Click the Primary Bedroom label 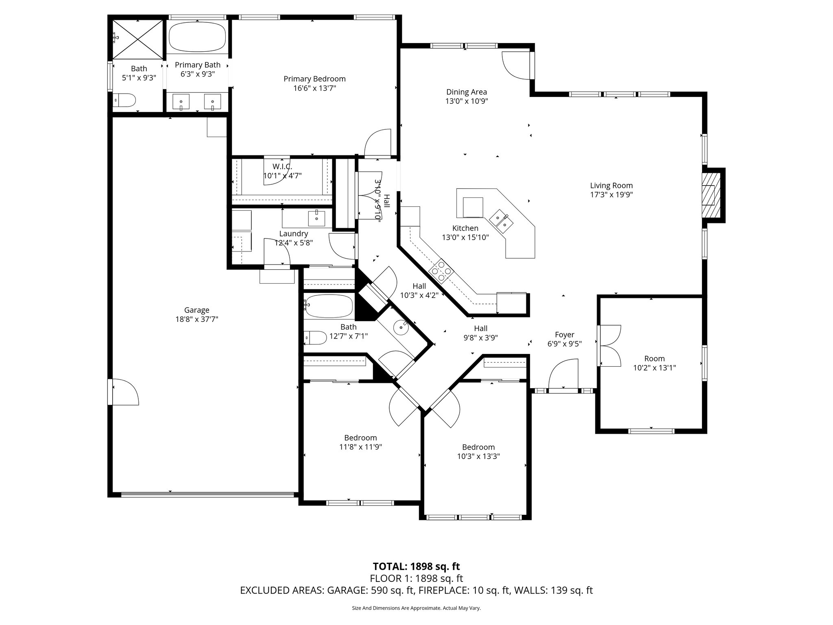[x=314, y=79]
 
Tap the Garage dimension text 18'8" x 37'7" [x=196, y=319]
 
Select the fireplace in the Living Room [x=712, y=195]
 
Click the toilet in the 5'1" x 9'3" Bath [x=124, y=100]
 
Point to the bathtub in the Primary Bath [x=197, y=37]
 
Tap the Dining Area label [x=467, y=92]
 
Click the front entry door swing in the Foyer [x=563, y=374]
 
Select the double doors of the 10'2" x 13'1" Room [x=609, y=345]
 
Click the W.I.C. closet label [x=282, y=166]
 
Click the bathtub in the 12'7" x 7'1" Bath [x=329, y=307]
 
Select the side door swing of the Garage [x=124, y=392]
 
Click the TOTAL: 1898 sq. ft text [x=416, y=566]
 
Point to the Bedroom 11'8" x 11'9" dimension [x=360, y=447]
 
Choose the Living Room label [x=611, y=186]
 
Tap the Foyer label [x=565, y=334]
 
